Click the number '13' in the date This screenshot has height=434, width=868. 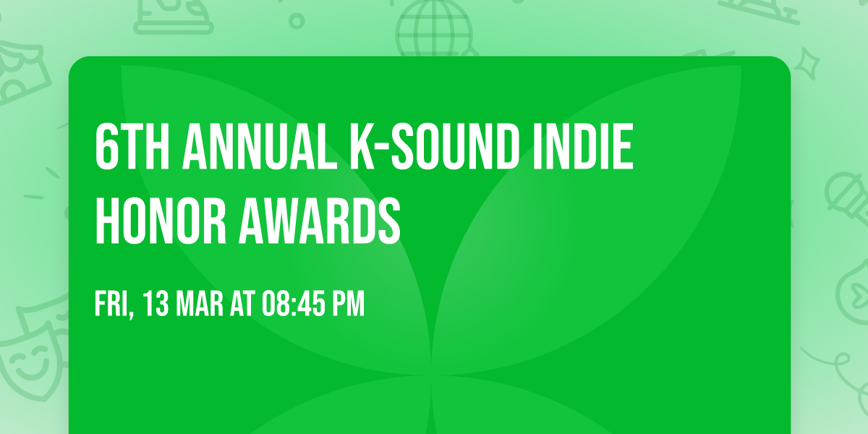click(x=156, y=305)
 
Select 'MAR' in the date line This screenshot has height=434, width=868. click(x=200, y=305)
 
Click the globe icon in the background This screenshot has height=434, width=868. click(x=433, y=26)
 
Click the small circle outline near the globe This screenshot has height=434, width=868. click(x=297, y=21)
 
